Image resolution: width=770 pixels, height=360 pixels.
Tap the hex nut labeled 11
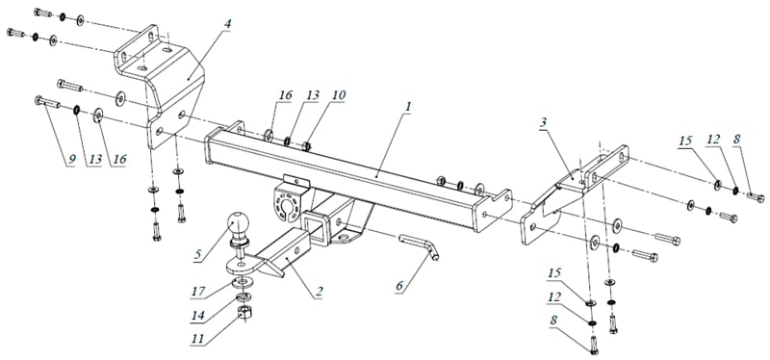(244, 311)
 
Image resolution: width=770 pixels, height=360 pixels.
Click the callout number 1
(407, 106)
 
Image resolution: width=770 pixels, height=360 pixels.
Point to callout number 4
(227, 24)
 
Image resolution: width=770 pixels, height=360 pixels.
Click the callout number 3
(542, 122)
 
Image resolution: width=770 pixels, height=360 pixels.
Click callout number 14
(197, 316)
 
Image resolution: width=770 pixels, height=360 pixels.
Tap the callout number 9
(70, 160)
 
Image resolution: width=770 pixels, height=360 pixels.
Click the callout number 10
(338, 95)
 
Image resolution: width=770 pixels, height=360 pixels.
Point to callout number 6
(401, 287)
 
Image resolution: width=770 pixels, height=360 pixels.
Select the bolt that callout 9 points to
(47, 102)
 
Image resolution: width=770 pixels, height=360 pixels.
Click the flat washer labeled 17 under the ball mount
(241, 284)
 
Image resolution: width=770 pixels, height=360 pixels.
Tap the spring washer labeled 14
(243, 297)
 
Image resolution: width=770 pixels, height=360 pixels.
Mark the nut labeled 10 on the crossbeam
(307, 145)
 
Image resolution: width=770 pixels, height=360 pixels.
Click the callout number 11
(199, 340)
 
